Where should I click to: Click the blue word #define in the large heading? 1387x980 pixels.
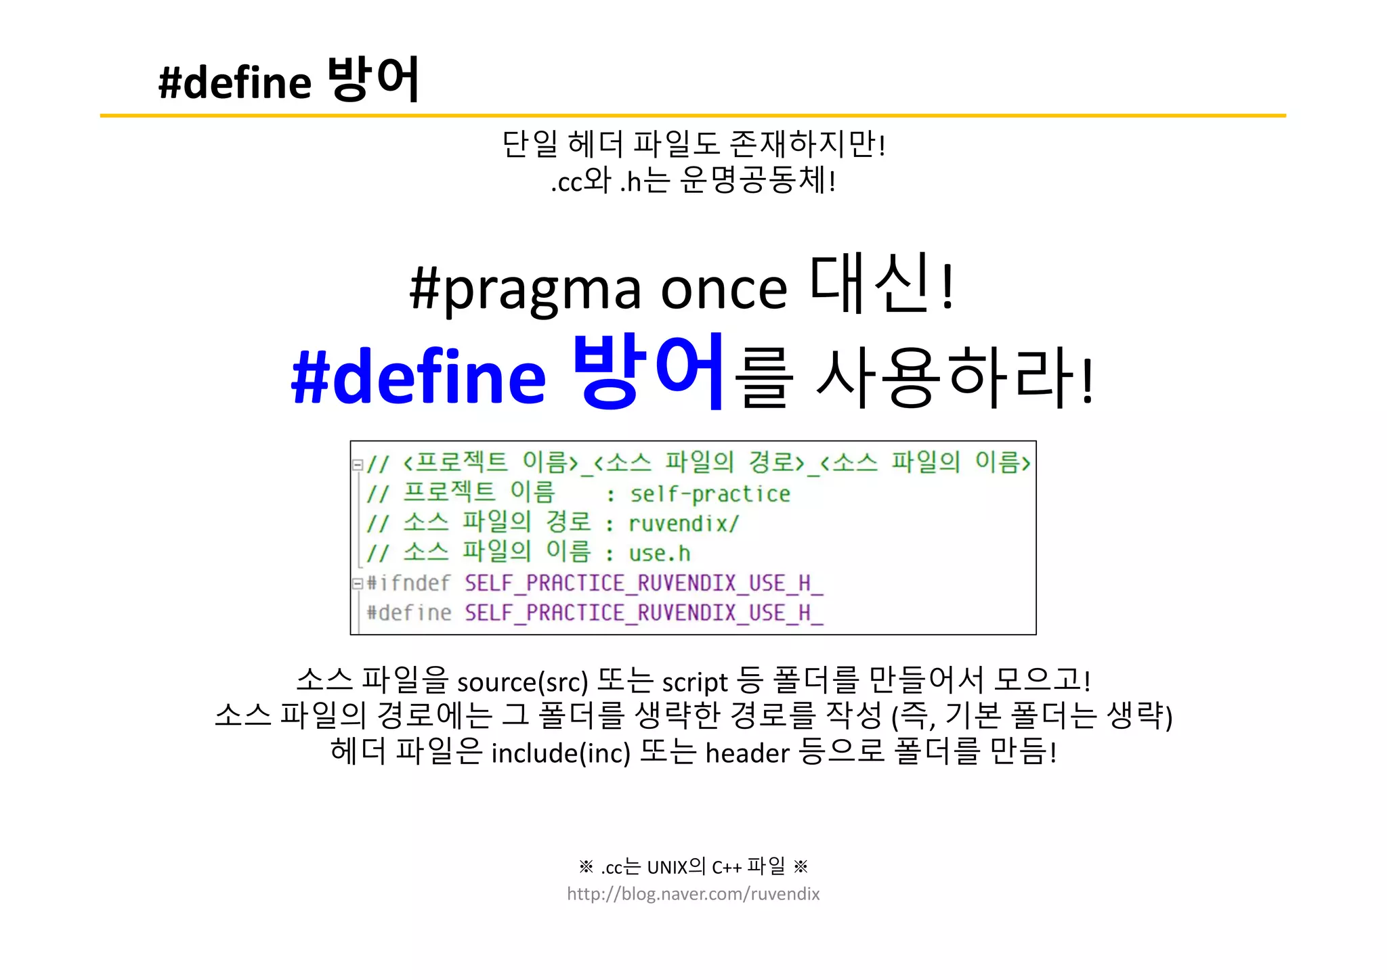[x=418, y=376]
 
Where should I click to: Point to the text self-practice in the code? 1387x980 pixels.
[x=710, y=494]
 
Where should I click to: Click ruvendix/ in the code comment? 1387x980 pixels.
[x=683, y=524]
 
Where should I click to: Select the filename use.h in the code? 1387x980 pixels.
[x=659, y=554]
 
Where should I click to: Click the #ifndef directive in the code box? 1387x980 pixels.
[x=408, y=583]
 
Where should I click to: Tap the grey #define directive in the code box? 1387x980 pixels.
[x=408, y=612]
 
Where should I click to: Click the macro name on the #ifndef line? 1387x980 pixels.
[x=643, y=583]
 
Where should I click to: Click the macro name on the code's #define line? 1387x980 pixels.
[x=643, y=612]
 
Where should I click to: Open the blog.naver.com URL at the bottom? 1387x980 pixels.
[x=693, y=894]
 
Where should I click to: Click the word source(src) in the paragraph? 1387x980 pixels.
[x=522, y=682]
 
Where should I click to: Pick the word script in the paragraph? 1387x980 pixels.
[x=694, y=682]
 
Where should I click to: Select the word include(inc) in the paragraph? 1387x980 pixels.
[x=560, y=753]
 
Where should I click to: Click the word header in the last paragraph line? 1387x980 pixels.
[x=747, y=753]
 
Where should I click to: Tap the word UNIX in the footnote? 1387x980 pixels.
[x=667, y=867]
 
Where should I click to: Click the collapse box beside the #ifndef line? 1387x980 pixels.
[x=357, y=583]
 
